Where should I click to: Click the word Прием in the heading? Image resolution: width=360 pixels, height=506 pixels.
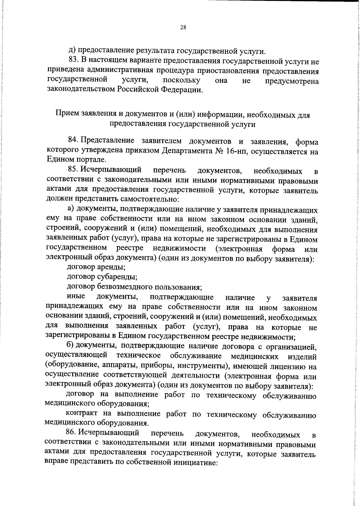click(x=67, y=114)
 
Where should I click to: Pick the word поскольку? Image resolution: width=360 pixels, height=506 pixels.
click(x=181, y=80)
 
